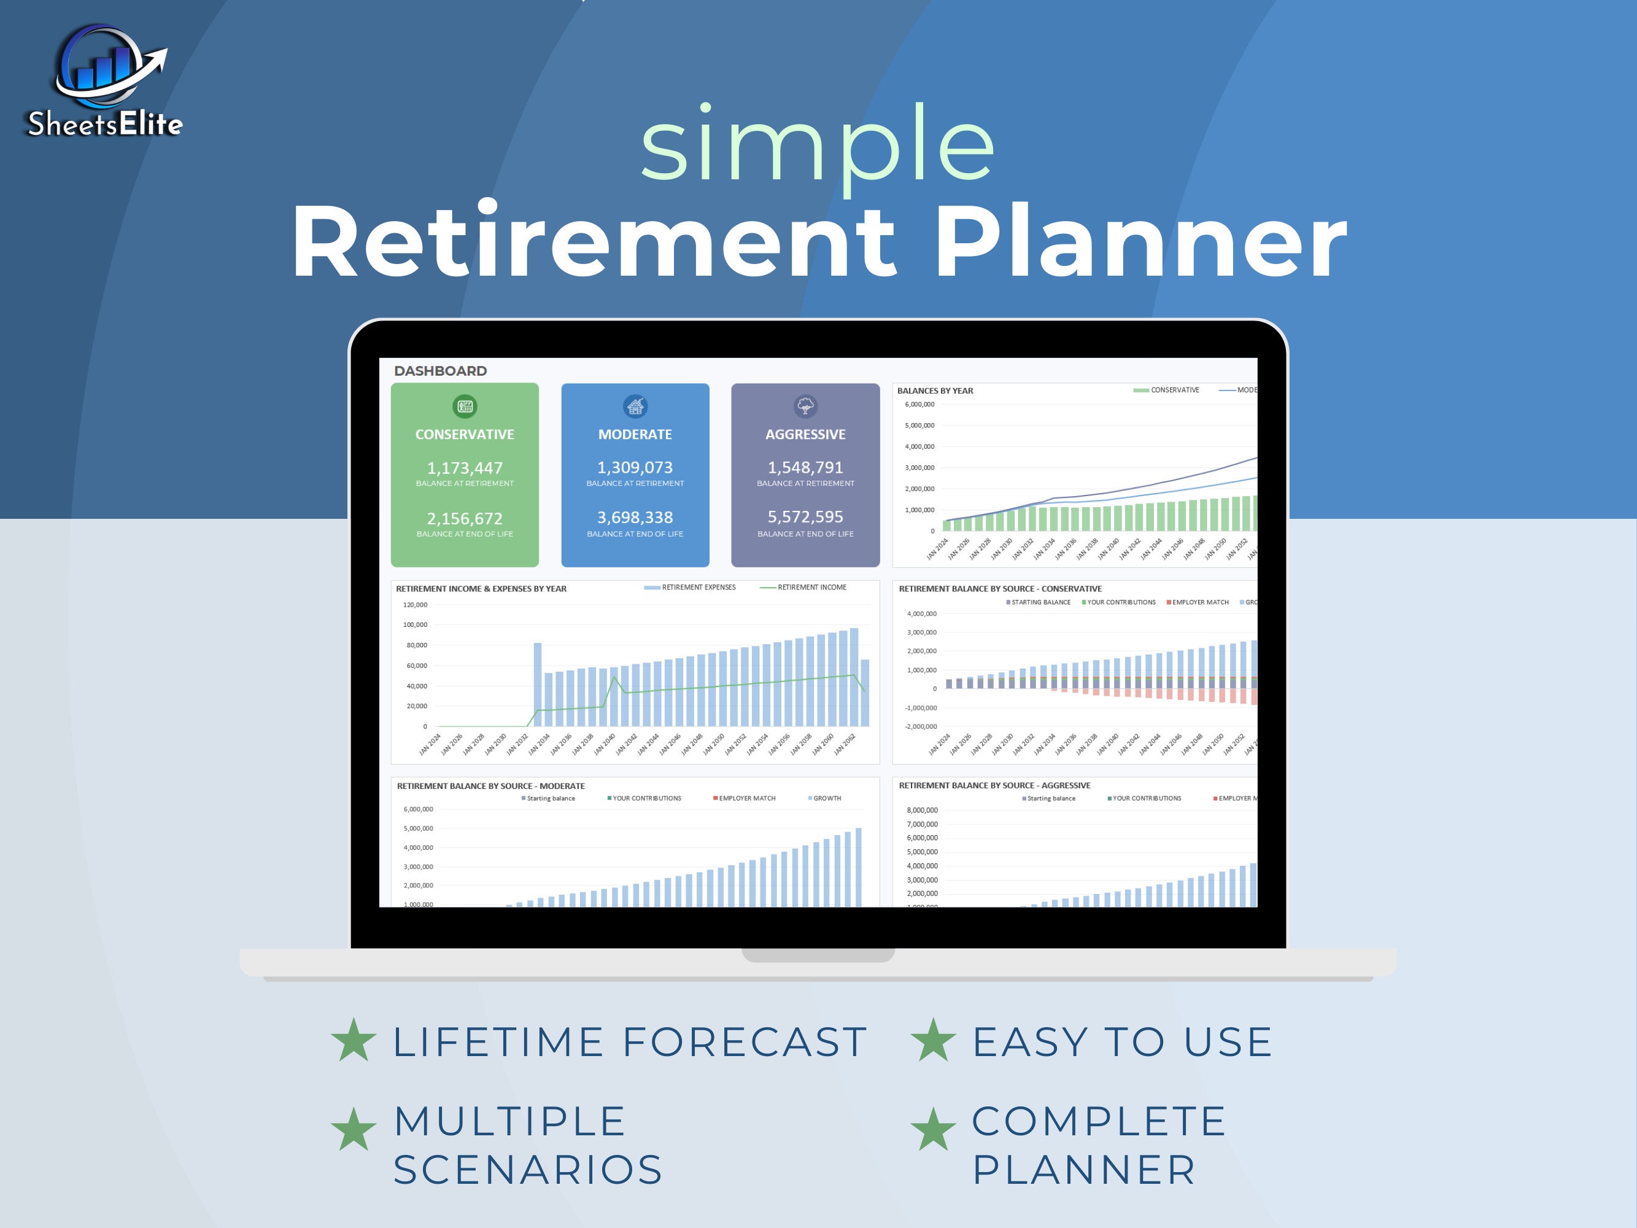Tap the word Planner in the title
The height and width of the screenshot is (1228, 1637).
1140,241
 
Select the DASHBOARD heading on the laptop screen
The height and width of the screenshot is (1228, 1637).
440,371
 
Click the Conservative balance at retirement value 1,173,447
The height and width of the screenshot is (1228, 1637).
464,468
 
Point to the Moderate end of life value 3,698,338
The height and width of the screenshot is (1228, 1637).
635,518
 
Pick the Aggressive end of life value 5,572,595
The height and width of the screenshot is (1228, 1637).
805,516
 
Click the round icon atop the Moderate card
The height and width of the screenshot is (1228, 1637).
635,406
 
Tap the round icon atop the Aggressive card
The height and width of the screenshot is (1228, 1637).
805,406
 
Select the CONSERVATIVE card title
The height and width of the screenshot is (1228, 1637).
464,435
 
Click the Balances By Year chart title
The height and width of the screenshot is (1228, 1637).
935,391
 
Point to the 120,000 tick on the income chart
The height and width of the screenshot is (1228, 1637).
415,605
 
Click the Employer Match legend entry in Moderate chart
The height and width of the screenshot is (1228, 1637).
746,799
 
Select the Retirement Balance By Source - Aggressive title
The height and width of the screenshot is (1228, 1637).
994,785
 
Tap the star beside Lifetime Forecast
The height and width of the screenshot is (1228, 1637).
354,1040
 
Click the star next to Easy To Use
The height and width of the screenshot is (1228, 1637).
933,1040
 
